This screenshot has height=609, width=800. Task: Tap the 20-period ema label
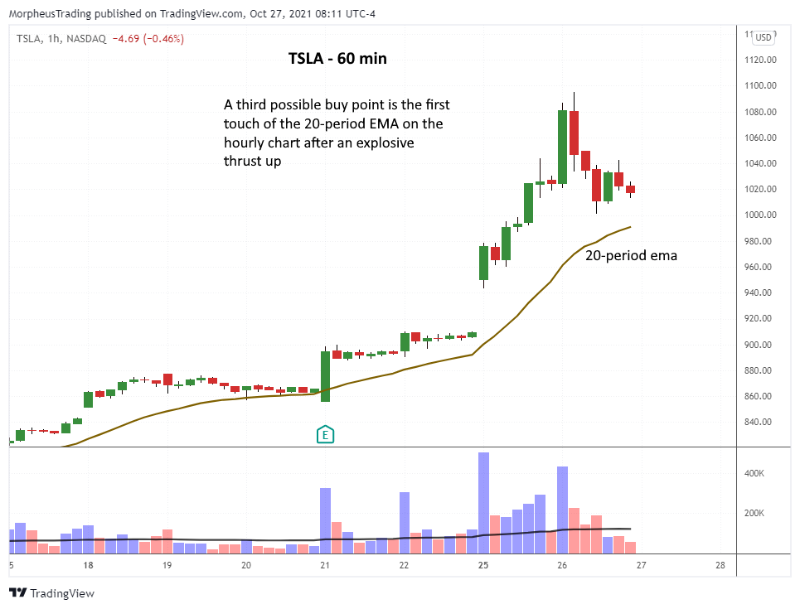(x=631, y=256)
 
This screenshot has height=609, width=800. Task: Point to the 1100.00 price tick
(x=759, y=85)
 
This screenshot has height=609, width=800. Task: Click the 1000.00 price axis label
(x=759, y=215)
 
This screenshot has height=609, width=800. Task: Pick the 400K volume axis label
(x=754, y=474)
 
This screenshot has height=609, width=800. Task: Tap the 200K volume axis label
(x=754, y=514)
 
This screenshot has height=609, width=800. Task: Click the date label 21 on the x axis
(x=325, y=565)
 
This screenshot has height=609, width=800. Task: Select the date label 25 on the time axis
(x=483, y=565)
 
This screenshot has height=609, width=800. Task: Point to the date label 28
(x=720, y=565)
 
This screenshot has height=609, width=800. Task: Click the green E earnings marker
(x=326, y=433)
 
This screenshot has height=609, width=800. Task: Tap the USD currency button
(x=763, y=37)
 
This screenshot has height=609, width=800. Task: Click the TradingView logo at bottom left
(x=51, y=593)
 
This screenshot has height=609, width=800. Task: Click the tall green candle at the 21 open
(x=325, y=376)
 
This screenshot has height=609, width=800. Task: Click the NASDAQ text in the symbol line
(x=86, y=39)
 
